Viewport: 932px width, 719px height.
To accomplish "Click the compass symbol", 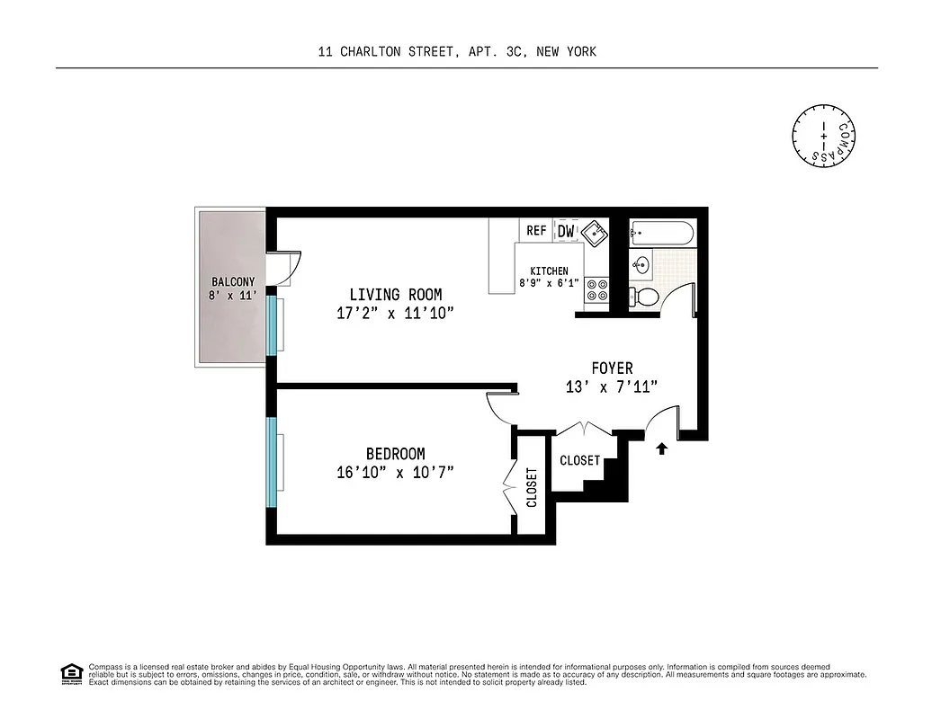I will pos(823,136).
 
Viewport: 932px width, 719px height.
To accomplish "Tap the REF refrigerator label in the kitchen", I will pos(536,231).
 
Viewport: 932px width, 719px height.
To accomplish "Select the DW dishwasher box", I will pos(566,231).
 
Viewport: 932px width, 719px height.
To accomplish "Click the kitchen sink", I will pos(594,232).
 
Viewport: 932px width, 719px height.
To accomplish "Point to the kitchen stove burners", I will pos(596,290).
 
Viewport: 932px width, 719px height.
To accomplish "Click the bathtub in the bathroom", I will pos(662,235).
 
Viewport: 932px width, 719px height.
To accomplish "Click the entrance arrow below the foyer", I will pos(662,448).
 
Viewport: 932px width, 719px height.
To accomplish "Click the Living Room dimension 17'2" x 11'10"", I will pos(396,313).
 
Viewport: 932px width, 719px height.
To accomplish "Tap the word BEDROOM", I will pos(395,454).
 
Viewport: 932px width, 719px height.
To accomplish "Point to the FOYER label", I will pos(612,368).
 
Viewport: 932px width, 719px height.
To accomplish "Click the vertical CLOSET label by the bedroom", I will pos(532,487).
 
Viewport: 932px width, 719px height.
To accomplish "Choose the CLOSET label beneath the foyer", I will pos(579,460).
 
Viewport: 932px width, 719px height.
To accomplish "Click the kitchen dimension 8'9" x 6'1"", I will pos(548,284).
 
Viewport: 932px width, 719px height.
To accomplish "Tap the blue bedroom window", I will pos(271,462).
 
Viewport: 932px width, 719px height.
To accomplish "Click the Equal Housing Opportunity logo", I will pos(70,673).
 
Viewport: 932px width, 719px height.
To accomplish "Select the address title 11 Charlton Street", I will pos(457,52).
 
